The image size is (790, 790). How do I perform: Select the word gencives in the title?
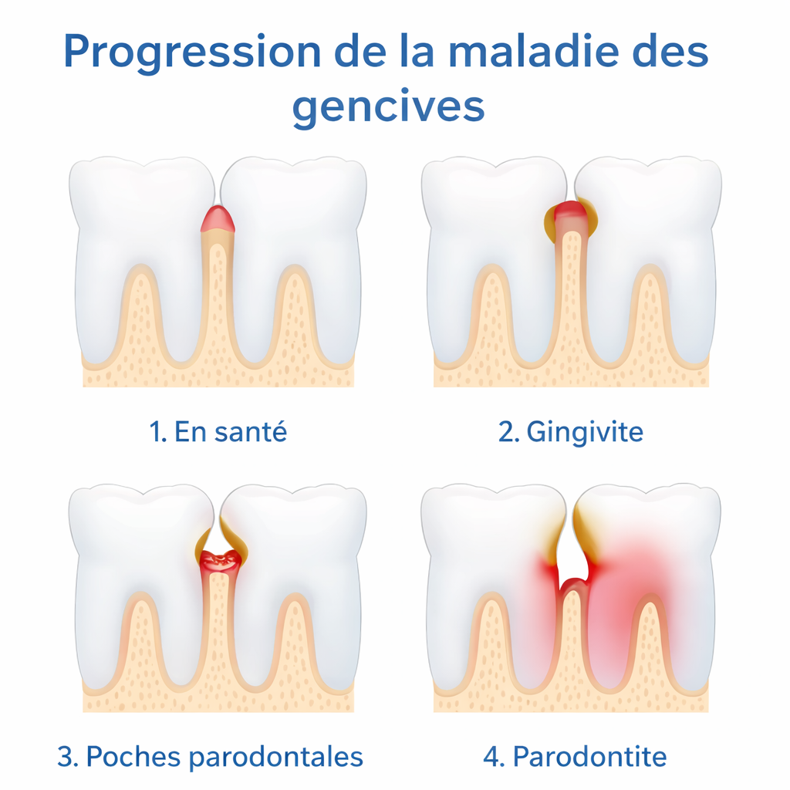click(388, 108)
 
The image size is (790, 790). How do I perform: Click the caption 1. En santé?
click(218, 432)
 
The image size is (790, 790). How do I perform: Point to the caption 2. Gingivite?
click(571, 432)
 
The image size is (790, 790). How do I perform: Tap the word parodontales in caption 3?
click(276, 757)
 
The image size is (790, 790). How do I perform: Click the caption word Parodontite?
click(590, 757)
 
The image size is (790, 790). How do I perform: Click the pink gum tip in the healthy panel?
click(218, 220)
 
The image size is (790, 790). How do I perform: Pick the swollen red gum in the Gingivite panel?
click(570, 211)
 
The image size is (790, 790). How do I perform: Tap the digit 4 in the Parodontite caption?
click(492, 757)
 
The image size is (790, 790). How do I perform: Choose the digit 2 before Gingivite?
click(507, 432)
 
